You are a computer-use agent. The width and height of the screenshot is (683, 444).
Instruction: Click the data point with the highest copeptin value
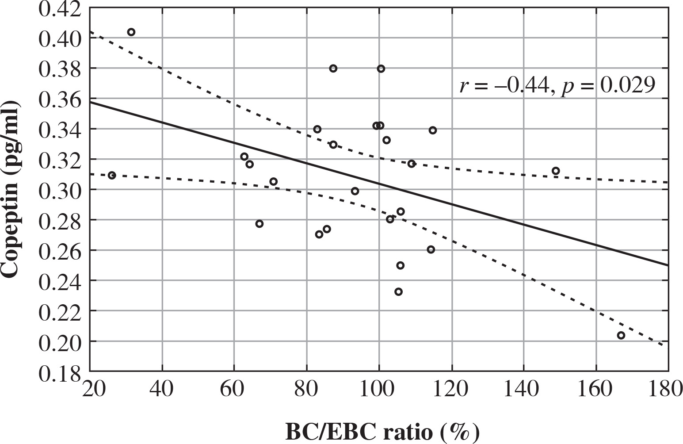(131, 32)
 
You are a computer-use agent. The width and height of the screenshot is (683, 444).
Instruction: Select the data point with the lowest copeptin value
(621, 335)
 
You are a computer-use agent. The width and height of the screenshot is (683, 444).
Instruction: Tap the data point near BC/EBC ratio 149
(556, 171)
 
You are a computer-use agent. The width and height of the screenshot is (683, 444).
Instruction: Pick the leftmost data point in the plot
(112, 176)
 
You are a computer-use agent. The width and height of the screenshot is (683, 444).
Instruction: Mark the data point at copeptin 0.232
(398, 292)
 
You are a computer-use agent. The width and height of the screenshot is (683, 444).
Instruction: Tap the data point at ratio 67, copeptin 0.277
(259, 224)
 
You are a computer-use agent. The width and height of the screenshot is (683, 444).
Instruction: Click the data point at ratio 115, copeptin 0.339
(433, 130)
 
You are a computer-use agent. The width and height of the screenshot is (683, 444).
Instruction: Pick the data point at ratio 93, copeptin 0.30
(355, 191)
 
